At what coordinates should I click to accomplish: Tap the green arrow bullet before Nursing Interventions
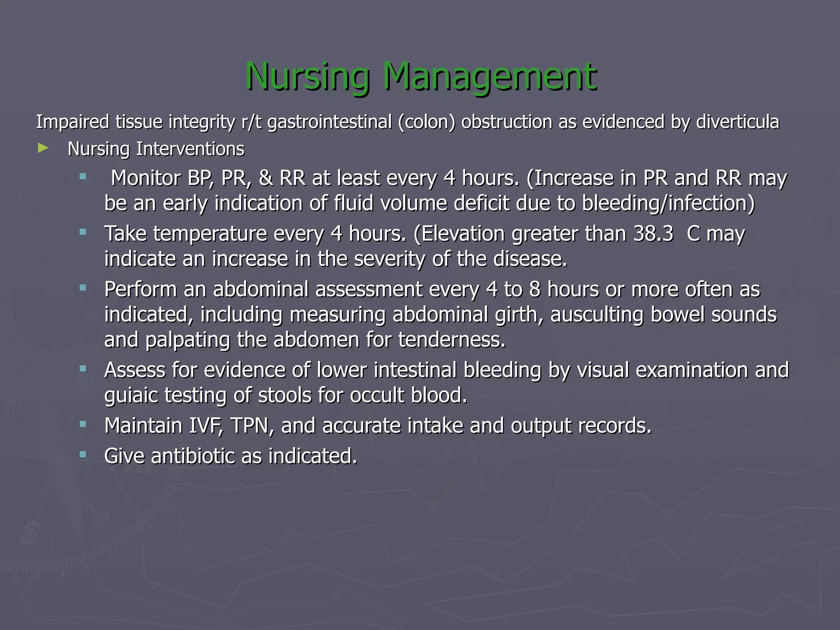click(43, 148)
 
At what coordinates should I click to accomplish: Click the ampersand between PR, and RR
click(266, 178)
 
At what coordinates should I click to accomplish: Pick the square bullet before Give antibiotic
click(83, 454)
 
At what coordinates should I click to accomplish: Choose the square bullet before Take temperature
click(83, 232)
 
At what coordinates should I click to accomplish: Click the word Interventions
click(190, 149)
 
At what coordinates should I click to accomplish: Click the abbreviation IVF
click(206, 425)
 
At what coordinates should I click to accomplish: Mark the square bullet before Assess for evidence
click(83, 369)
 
